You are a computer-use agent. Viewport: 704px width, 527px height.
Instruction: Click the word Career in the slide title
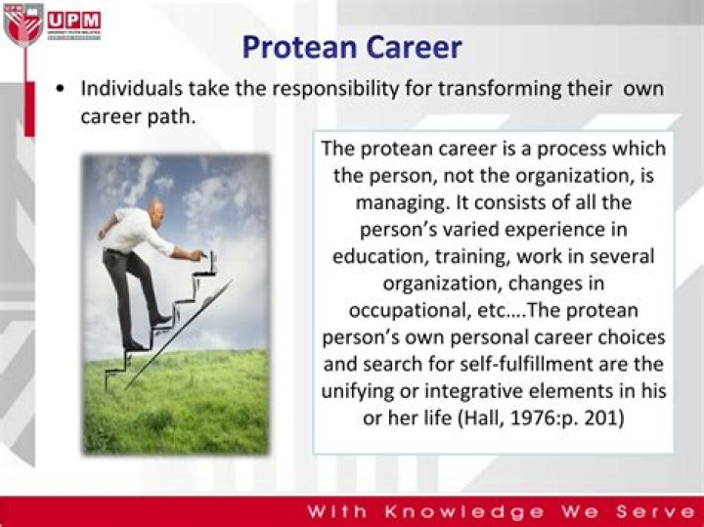tap(414, 46)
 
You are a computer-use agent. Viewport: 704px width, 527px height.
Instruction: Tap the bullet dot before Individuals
tap(62, 89)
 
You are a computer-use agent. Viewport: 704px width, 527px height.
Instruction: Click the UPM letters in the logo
tap(74, 20)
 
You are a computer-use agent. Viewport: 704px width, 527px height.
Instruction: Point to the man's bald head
tap(157, 207)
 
